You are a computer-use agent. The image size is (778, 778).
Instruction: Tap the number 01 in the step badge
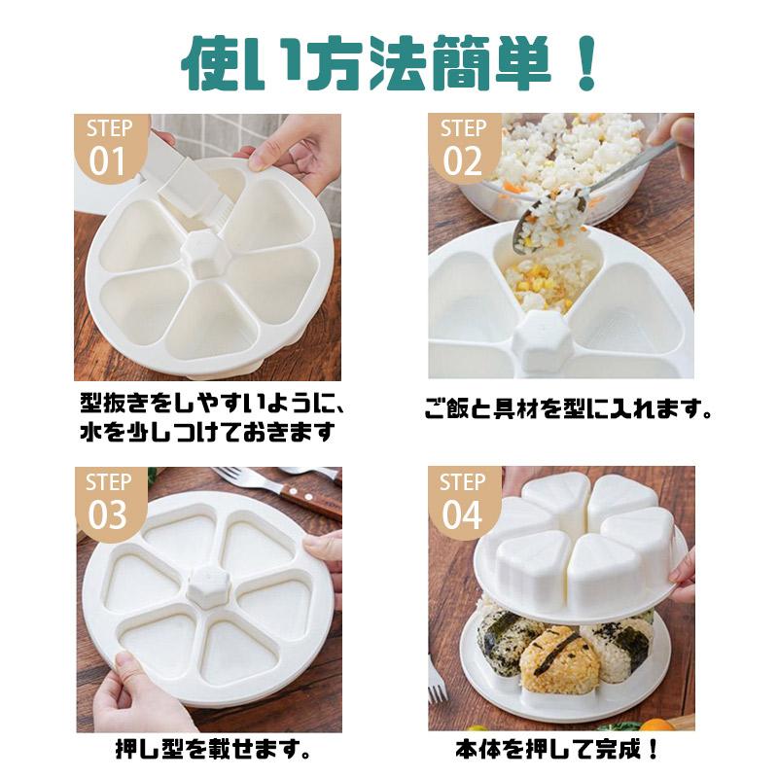point(107,161)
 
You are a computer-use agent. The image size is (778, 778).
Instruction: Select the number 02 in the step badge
point(462,161)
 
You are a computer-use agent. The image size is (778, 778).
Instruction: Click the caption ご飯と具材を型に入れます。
point(569,409)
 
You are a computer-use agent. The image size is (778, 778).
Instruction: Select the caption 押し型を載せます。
point(213,749)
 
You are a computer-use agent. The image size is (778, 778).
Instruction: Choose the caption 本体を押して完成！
point(556,749)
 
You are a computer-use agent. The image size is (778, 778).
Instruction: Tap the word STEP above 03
point(109,482)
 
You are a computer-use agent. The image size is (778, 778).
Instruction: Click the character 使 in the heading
point(207,62)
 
